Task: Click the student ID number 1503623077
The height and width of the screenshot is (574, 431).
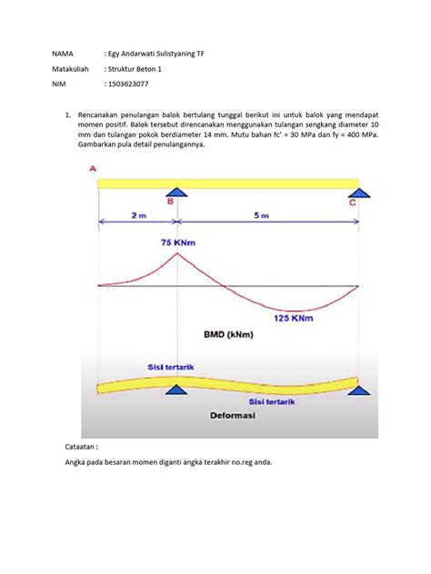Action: (129, 84)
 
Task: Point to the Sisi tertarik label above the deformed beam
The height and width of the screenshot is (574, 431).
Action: (170, 368)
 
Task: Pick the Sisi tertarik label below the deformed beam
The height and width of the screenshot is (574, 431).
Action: (273, 400)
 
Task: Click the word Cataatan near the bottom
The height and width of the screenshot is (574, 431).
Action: (72, 448)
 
